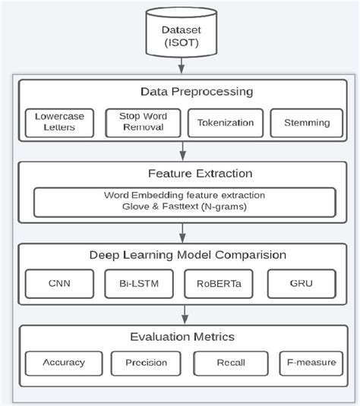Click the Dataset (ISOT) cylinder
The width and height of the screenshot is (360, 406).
coord(182,34)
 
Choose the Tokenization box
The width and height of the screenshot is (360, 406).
coord(225,122)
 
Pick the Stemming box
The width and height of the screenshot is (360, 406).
coord(306,122)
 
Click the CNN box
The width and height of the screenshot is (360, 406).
coord(59,284)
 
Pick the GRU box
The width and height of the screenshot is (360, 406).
coord(301,284)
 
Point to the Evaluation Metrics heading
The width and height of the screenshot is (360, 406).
coord(182,335)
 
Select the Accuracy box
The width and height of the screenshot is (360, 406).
coord(65,362)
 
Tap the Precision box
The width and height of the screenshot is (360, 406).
coord(146,362)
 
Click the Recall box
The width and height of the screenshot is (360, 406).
coord(230,362)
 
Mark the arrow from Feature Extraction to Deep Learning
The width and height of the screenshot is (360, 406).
coord(182,232)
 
